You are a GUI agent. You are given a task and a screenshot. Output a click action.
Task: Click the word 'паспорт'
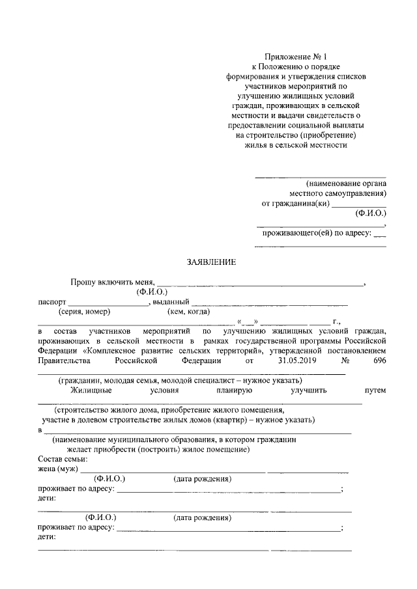pos(51,302)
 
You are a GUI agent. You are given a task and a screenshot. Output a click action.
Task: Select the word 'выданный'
pos(171,302)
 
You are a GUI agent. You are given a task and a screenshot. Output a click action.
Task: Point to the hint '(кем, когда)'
pos(188,312)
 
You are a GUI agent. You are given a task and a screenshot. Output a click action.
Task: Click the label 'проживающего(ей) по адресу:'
pos(317,232)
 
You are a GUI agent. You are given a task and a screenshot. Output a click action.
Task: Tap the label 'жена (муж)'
pos(58,469)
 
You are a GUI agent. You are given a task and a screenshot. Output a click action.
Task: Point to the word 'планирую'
pos(235,390)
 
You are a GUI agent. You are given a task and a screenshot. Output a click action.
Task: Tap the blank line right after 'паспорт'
pos(108,303)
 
